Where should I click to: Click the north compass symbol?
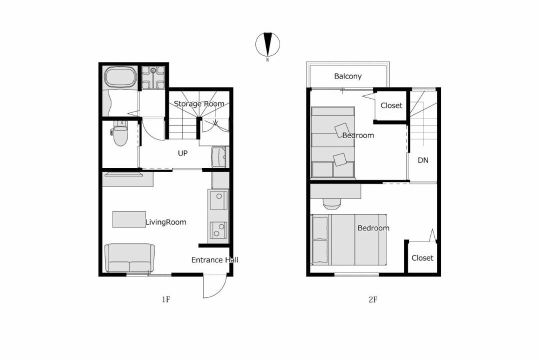tap(267, 44)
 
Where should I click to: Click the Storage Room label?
tap(199, 103)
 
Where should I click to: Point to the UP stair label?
tap(182, 153)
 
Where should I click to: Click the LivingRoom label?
tap(165, 222)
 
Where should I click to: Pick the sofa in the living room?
tap(129, 258)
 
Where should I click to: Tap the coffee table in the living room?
tap(129, 219)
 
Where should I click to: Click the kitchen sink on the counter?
tap(218, 200)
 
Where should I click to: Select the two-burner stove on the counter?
tap(218, 230)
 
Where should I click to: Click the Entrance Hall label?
tap(214, 260)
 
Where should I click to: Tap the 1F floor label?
tap(166, 299)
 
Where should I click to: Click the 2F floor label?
tap(372, 299)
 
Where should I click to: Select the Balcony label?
tap(348, 76)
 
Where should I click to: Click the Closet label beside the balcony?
tap(391, 105)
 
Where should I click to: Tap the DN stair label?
tap(423, 160)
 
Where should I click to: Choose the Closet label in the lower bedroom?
tap(422, 257)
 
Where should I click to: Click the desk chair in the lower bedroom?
tap(332, 204)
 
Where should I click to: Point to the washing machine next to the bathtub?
tap(153, 77)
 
